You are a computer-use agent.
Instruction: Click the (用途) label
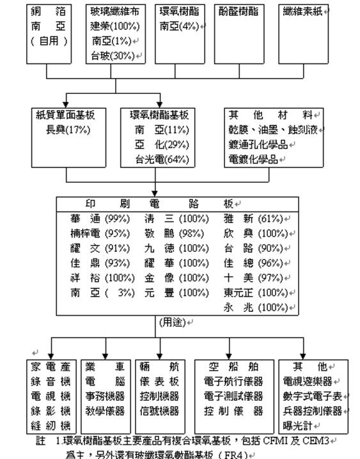[x=173, y=323]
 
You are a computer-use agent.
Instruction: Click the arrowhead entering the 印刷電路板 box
[x=155, y=192]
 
